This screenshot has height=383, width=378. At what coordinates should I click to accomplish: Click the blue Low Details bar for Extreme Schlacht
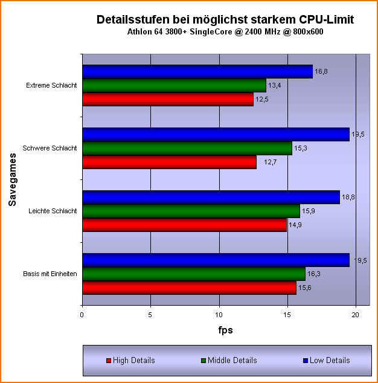197,72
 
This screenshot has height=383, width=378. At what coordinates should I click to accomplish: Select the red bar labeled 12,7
169,162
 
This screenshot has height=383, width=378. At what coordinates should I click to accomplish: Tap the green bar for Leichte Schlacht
191,211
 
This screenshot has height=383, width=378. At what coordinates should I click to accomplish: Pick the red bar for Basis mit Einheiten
189,288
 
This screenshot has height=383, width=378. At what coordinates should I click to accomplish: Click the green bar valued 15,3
187,148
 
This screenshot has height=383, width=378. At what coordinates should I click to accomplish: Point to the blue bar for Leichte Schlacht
211,197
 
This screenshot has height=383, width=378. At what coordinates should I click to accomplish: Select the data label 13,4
275,85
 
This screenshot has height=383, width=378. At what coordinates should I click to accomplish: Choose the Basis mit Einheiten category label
50,274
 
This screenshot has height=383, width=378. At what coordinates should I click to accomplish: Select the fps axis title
225,330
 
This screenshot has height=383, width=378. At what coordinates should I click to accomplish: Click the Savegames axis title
12,179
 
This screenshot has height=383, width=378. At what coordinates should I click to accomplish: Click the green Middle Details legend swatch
203,361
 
